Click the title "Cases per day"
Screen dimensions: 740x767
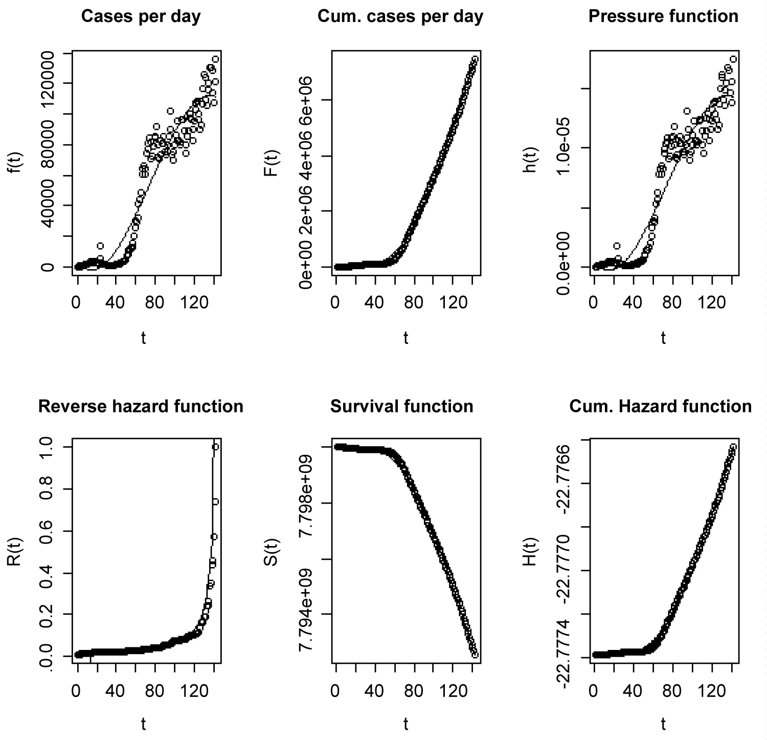pyautogui.click(x=141, y=16)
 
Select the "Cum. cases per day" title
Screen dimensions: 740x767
pyautogui.click(x=400, y=16)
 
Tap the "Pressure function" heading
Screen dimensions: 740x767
pyautogui.click(x=663, y=16)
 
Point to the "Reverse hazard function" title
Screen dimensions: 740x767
pyautogui.click(x=141, y=406)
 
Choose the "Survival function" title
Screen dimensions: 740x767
pyautogui.click(x=402, y=406)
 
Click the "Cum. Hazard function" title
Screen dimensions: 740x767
pyautogui.click(x=661, y=406)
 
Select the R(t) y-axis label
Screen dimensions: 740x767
pyautogui.click(x=15, y=552)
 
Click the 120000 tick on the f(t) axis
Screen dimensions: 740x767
pyautogui.click(x=52, y=83)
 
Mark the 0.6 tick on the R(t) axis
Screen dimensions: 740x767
pyautogui.click(x=52, y=531)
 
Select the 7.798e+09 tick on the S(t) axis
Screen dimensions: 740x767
pyautogui.click(x=309, y=504)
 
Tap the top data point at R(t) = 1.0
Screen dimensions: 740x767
pyautogui.click(x=215, y=447)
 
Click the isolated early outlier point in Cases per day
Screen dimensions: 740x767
pyautogui.click(x=100, y=246)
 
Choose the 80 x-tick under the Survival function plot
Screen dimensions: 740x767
pyautogui.click(x=413, y=692)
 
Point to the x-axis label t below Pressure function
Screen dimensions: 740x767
pyautogui.click(x=663, y=338)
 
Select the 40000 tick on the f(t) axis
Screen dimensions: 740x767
pyautogui.click(x=52, y=206)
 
